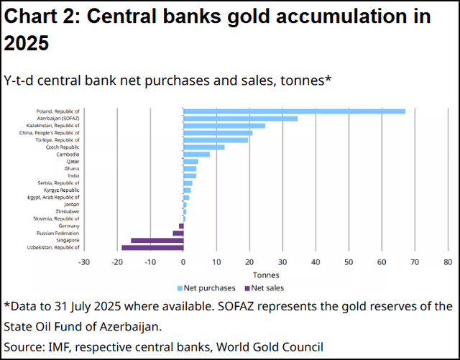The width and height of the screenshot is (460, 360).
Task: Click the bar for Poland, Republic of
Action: pyautogui.click(x=295, y=111)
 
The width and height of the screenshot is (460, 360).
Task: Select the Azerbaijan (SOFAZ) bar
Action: pyautogui.click(x=241, y=119)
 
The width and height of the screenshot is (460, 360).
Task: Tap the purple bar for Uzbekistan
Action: pyautogui.click(x=152, y=247)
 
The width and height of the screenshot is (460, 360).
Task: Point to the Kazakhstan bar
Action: pyautogui.click(x=224, y=126)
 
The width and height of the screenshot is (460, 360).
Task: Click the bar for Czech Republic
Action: pyautogui.click(x=204, y=147)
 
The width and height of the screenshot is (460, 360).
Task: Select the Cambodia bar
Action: pyautogui.click(x=197, y=154)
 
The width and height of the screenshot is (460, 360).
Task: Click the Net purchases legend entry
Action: pyautogui.click(x=208, y=287)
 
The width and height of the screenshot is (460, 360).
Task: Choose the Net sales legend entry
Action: pyautogui.click(x=266, y=287)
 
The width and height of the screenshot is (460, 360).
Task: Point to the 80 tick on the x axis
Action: pyautogui.click(x=447, y=262)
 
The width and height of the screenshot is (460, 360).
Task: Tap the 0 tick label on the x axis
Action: pyautogui.click(x=183, y=262)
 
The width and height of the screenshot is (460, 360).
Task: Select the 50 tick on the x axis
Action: pyautogui.click(x=348, y=262)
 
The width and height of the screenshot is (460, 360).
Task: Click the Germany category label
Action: pyautogui.click(x=68, y=226)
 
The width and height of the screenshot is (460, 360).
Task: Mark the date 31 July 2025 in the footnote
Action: pyautogui.click(x=90, y=306)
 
